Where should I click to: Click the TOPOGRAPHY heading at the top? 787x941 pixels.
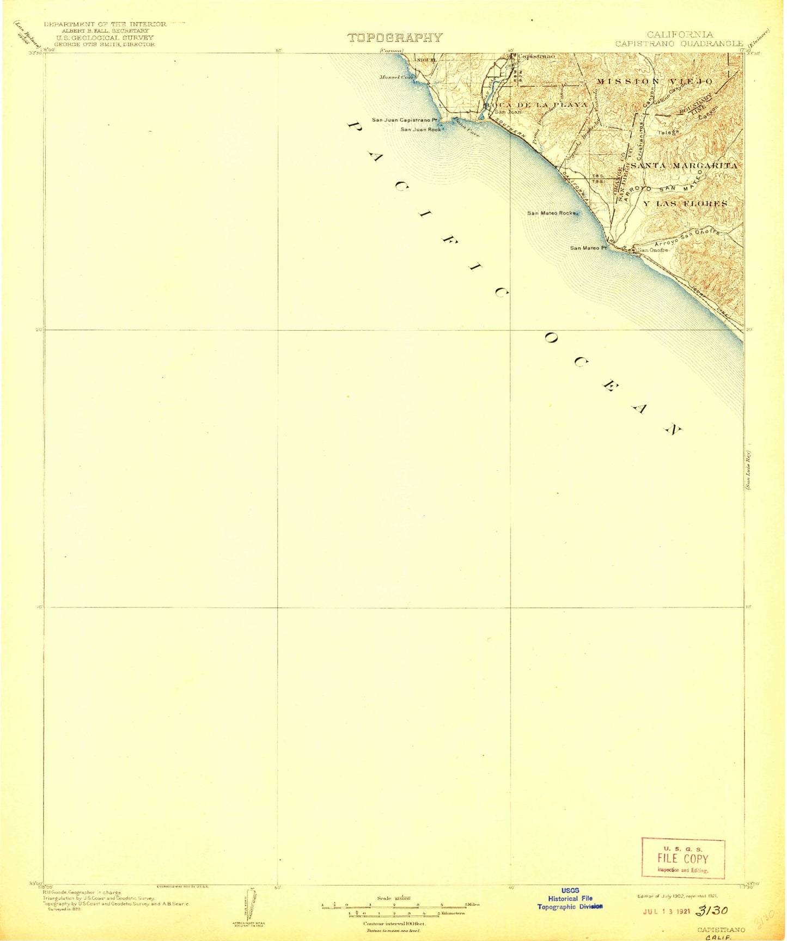pos(395,38)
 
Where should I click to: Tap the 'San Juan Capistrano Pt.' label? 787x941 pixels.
pos(405,120)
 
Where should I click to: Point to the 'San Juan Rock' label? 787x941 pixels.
pos(420,130)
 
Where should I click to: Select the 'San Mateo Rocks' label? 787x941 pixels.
pos(551,213)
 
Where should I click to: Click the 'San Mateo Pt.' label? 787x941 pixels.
pos(588,248)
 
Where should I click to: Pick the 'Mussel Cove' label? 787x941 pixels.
pos(397,77)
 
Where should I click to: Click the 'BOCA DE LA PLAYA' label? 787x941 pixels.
pos(537,104)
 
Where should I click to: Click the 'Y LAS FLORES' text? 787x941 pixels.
pos(685,204)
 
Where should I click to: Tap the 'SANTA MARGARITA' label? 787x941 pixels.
pos(684,165)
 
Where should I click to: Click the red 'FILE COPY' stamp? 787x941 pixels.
pos(683,859)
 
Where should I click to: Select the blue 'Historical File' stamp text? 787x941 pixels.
pos(570,899)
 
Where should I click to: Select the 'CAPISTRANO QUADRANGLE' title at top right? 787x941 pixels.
pos(680,43)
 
